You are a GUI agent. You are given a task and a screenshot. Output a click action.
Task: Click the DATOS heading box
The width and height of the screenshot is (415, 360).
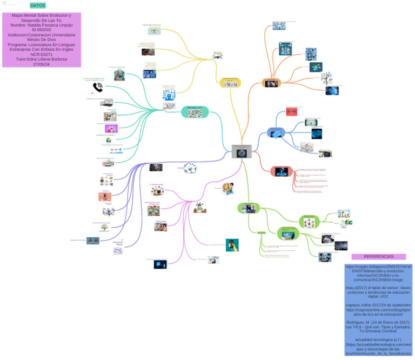coord(38,5)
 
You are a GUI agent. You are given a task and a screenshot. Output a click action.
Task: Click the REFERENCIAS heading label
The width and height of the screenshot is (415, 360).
coord(378,257)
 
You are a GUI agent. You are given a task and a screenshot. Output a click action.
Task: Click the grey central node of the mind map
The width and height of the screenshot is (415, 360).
coord(242,151)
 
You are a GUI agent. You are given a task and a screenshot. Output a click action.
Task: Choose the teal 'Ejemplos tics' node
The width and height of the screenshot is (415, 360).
coord(194,111)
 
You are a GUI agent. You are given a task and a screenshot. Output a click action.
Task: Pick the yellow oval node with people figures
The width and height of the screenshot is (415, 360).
coord(230,83)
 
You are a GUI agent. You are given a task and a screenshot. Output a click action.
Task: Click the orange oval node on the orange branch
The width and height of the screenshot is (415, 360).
coord(271,83)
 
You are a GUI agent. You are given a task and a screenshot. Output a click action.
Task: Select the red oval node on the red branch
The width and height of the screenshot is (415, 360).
coord(281,171)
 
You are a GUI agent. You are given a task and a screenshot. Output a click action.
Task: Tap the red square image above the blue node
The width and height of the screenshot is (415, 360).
coord(291,111)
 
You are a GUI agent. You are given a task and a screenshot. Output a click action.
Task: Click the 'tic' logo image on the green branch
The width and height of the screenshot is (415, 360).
coord(349,222)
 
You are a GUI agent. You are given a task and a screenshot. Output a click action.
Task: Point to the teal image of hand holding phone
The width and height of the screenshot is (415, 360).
coord(232,245)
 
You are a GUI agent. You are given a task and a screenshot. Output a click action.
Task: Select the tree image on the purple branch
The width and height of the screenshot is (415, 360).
coord(103,228)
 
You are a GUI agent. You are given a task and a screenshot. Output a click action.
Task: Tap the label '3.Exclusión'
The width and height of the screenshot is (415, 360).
coord(160,221)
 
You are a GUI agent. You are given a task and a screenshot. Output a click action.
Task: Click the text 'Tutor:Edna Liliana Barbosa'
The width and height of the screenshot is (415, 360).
coord(42,59)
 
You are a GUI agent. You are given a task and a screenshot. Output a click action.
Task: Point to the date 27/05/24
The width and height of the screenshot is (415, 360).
coord(42,64)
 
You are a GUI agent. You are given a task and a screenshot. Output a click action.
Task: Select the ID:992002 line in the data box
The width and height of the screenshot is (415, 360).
coord(42,30)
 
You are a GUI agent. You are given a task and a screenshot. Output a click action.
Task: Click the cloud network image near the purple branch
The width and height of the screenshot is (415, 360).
coord(190,170)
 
